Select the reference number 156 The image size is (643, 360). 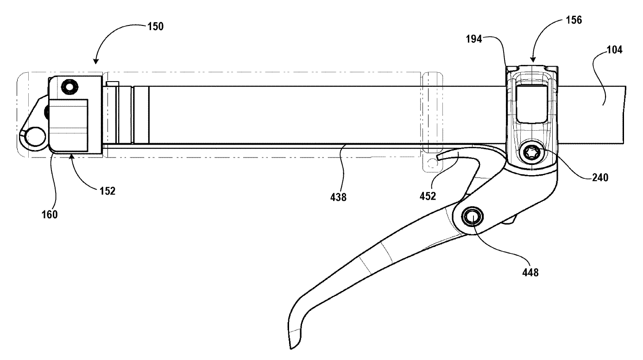coord(573,20)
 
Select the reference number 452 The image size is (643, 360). coord(428,196)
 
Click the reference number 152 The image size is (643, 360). coord(106,190)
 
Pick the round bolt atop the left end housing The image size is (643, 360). coord(70,87)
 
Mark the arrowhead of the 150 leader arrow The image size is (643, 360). coord(95,62)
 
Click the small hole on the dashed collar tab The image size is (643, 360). coord(432,162)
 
